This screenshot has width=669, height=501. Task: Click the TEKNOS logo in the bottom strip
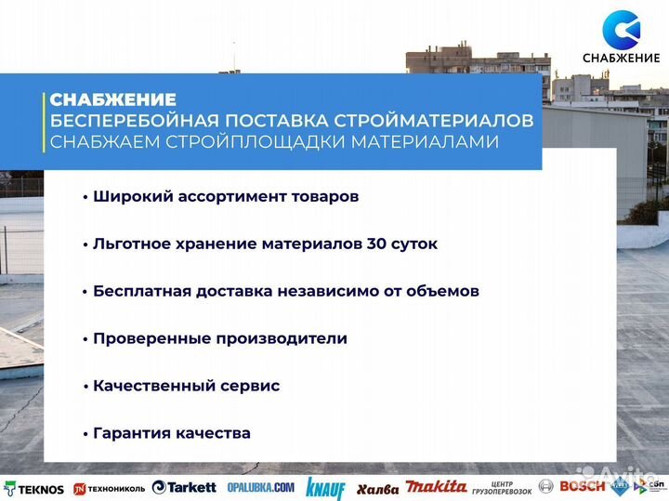(34, 488)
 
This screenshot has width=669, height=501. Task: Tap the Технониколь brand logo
(109, 488)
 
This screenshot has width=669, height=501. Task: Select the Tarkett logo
(184, 487)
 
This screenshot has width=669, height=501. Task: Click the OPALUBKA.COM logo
(261, 487)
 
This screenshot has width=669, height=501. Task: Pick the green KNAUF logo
(325, 488)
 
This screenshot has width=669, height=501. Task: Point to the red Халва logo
(377, 488)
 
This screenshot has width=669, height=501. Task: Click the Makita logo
(436, 487)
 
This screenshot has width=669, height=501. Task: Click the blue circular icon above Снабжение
(621, 29)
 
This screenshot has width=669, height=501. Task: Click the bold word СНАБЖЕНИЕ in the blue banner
(112, 99)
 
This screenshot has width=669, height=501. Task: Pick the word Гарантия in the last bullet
(129, 433)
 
